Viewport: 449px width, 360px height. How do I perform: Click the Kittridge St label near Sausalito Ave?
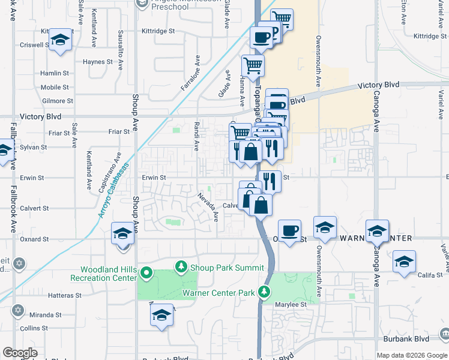click(158, 30)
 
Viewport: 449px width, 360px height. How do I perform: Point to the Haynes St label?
click(98, 61)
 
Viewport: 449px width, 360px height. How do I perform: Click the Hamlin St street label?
click(55, 73)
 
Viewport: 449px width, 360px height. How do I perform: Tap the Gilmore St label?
click(58, 101)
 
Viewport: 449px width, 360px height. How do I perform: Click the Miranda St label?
click(46, 314)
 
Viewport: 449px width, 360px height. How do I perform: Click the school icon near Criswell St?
click(60, 40)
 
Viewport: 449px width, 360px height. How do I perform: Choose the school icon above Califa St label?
click(405, 261)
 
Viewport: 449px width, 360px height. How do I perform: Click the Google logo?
click(20, 353)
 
